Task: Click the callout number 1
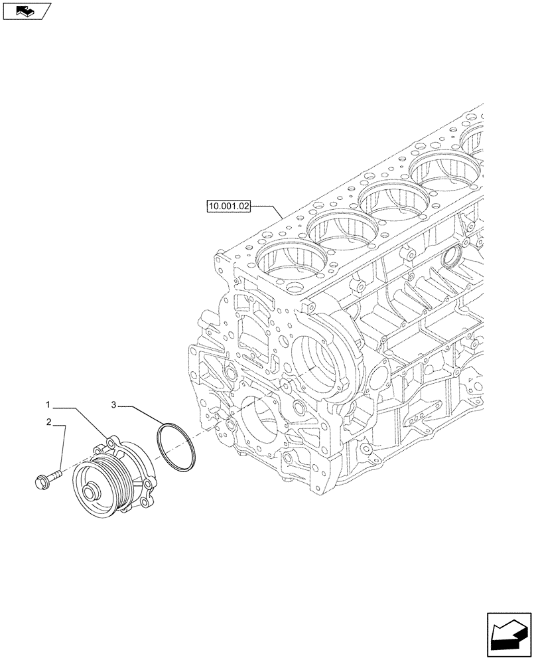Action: [48, 404]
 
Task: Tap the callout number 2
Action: [48, 422]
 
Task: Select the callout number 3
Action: [114, 404]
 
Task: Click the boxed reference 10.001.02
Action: [228, 207]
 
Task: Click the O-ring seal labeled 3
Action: [176, 450]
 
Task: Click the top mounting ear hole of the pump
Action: [111, 440]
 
